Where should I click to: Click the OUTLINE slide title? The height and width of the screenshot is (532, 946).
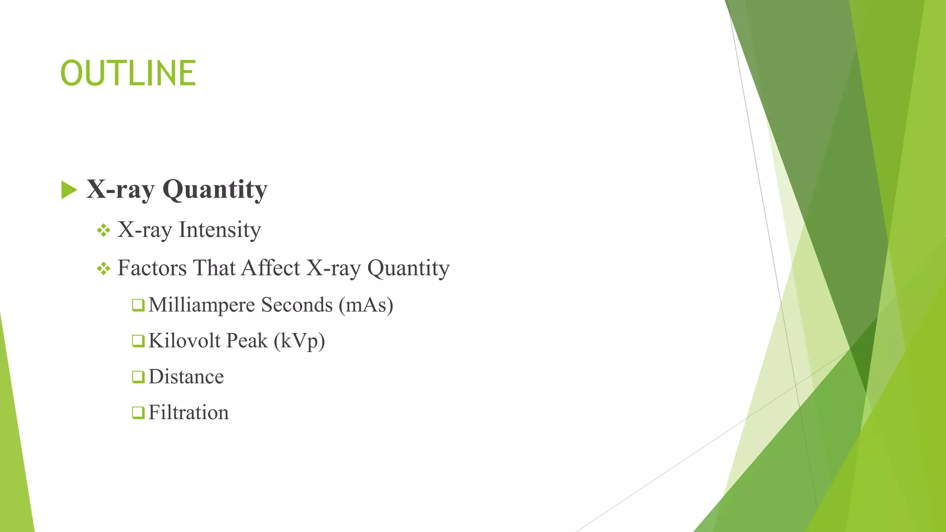(x=128, y=73)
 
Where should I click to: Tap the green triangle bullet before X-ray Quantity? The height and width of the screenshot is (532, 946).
(x=69, y=190)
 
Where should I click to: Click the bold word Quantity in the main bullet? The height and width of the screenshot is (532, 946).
(x=215, y=190)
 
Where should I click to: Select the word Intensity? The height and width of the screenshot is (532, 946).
(x=220, y=230)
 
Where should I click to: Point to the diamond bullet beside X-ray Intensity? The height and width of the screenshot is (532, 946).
(x=103, y=230)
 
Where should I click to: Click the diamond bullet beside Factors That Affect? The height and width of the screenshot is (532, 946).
(x=103, y=268)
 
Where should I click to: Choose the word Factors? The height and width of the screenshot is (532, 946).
(x=152, y=268)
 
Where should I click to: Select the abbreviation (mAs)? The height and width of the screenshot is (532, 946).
(x=366, y=305)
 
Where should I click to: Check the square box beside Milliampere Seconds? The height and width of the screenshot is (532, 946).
(x=138, y=305)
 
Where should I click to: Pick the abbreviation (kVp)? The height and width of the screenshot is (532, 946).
(x=299, y=341)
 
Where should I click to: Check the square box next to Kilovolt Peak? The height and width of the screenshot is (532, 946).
(x=138, y=341)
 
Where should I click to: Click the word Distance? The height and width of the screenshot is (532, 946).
(x=186, y=377)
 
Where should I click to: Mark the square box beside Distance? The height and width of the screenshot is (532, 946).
(x=138, y=377)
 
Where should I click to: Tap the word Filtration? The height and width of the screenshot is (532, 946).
(x=188, y=412)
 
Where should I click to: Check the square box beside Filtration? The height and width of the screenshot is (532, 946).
(x=138, y=412)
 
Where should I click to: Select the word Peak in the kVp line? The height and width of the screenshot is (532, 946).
(x=247, y=341)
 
